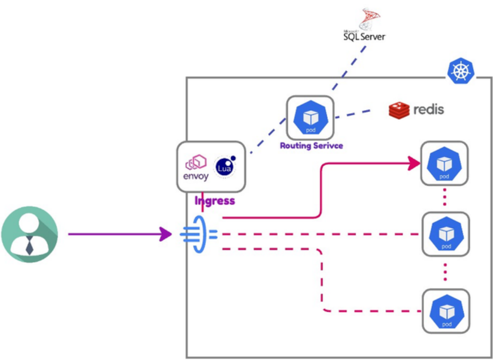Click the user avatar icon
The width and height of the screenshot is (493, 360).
(29, 235)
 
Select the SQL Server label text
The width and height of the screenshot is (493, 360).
(364, 37)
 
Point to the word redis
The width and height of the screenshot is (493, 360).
(428, 110)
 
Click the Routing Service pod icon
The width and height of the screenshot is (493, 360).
(310, 117)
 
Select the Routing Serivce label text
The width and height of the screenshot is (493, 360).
(311, 146)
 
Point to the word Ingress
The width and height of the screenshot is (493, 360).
(215, 201)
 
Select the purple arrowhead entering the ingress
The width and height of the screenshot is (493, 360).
(166, 235)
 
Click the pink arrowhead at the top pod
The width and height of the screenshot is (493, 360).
(414, 164)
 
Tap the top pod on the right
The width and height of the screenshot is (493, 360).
(445, 164)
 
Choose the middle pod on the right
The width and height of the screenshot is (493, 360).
(446, 234)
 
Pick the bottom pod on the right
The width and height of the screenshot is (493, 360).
(446, 310)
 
